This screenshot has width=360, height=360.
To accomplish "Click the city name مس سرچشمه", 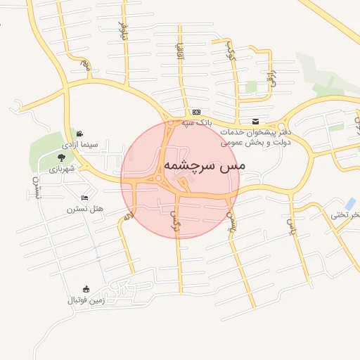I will point(205,165).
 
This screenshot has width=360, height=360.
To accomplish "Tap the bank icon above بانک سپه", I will point(196,112).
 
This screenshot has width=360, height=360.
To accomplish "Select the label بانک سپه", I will point(196,122).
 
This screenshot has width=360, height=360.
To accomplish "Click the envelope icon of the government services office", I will point(255,121).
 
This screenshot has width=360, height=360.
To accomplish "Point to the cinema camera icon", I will point(80,133).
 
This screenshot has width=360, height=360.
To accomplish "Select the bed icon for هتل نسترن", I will point(85,198).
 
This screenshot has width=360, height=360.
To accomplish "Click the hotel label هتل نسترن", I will point(85,209).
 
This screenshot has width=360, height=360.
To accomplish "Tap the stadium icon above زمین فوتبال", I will point(86,289).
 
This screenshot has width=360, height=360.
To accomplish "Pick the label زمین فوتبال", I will point(86,300).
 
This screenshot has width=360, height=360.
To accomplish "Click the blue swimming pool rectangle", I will point(350,203).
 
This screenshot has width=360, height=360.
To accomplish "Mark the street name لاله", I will point(127,217).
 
